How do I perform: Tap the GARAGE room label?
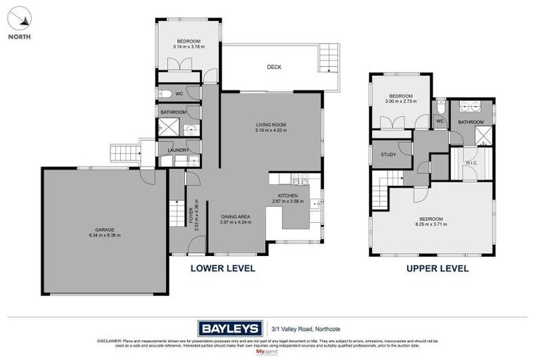[105, 229]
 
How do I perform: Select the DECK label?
[274, 67]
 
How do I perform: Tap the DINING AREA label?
[234, 217]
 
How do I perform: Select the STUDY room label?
[388, 155]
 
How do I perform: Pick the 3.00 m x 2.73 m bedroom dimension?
[401, 101]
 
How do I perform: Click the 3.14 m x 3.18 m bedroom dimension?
[188, 46]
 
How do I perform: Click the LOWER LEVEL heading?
[223, 269]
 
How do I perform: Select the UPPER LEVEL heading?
[437, 269]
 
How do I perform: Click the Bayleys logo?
[229, 328]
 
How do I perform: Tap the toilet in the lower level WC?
[164, 94]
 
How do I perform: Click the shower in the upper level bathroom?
[484, 136]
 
